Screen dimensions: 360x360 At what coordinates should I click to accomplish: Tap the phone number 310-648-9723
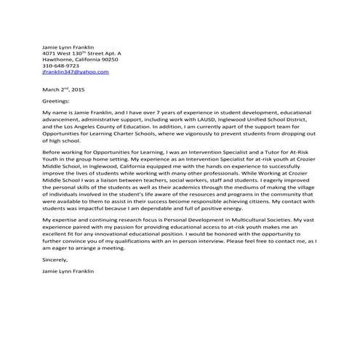point(60,66)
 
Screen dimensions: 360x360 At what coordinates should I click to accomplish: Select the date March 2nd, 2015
point(63,89)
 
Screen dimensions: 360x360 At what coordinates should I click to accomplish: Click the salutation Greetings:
point(56,102)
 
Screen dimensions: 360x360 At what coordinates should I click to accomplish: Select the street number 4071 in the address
point(50,53)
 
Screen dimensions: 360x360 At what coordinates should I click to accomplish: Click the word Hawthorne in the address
point(60,60)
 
